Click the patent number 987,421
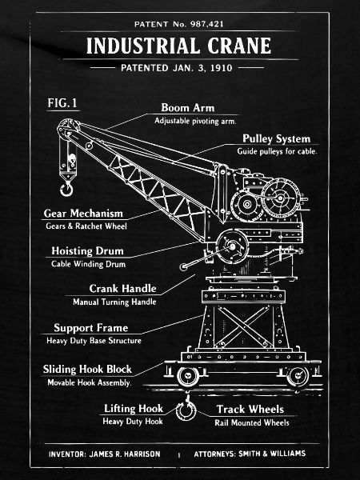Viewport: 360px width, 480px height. point(207,24)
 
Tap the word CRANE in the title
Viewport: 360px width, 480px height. point(239,46)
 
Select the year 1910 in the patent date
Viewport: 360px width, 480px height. point(222,68)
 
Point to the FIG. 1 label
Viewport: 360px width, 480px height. point(62,103)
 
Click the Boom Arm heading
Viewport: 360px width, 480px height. point(188,107)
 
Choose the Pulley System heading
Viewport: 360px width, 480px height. point(277,138)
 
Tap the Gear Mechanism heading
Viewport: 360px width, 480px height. point(83,214)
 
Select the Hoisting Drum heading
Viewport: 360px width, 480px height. point(87,251)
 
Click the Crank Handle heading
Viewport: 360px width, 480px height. point(122,288)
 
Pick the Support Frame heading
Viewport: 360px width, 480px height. point(91,328)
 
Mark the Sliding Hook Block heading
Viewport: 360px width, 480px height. point(87,369)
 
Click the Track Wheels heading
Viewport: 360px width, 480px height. point(250,410)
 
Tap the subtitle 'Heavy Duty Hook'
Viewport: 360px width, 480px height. point(133,422)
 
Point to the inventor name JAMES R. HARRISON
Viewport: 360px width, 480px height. point(125,454)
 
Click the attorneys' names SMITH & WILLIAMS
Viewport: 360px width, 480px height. point(272,454)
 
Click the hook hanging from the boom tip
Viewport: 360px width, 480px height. point(66,189)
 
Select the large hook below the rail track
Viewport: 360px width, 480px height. point(186,409)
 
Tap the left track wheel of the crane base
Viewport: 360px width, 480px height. point(188,376)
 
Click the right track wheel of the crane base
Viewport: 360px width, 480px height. point(298,376)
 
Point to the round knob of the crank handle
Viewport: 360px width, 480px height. point(183,267)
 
